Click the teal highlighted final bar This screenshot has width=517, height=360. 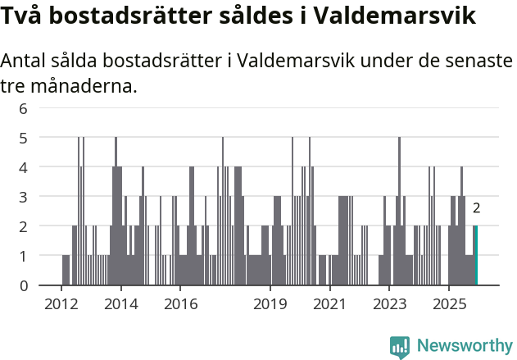coord(475,255)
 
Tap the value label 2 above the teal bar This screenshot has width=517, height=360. coord(476,208)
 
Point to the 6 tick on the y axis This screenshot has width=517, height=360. coord(24,108)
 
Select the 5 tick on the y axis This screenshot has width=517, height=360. coord(24,138)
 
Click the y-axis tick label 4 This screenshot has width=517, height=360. coord(24,167)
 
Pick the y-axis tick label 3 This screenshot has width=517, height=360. coord(24,197)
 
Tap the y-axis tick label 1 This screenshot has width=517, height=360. coord(24,256)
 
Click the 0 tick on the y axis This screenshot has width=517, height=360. coord(24,285)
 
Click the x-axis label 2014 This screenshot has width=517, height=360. coord(121,304)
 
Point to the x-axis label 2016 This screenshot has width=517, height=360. coord(181,304)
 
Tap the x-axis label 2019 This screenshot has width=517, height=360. coord(270,304)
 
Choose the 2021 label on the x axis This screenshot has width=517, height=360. coord(329,304)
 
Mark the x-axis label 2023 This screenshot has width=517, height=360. coord(389,304)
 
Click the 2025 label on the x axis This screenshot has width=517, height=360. coord(448,304)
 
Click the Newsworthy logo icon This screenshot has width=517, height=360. coord(400,346)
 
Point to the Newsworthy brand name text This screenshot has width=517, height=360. coord(464,346)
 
